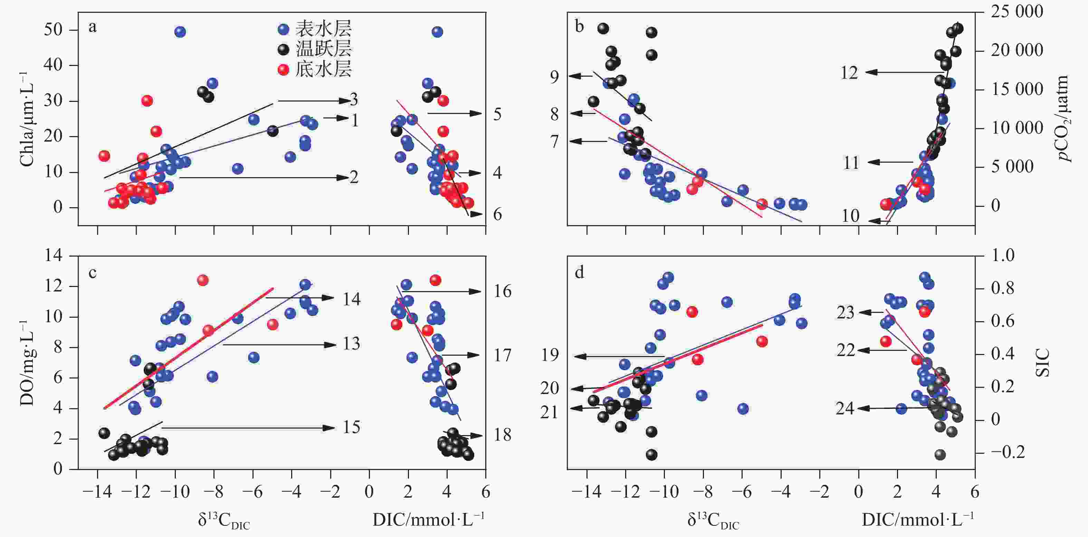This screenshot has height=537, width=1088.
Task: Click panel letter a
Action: pyautogui.click(x=92, y=27)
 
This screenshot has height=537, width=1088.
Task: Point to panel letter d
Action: pyautogui.click(x=580, y=273)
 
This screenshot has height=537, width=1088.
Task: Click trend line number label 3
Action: pyautogui.click(x=354, y=100)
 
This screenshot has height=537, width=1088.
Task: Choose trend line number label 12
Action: pyautogui.click(x=849, y=73)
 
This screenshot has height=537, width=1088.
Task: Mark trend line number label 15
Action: pyautogui.click(x=351, y=427)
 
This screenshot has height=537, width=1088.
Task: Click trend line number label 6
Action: pyautogui.click(x=497, y=214)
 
